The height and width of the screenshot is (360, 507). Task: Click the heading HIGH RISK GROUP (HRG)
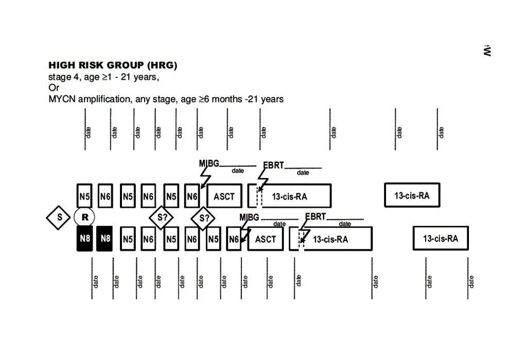[112, 65]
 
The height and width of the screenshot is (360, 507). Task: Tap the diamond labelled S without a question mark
[59, 217]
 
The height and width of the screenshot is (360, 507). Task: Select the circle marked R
[85, 218]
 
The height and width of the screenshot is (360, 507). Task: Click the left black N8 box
[85, 239]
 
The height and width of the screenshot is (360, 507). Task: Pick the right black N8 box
[104, 239]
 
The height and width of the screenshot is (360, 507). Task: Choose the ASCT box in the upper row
[224, 196]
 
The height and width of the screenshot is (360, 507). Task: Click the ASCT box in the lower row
[266, 239]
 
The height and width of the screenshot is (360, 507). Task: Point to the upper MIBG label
[209, 164]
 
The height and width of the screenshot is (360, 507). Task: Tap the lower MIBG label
[250, 218]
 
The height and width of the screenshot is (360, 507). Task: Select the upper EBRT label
[273, 166]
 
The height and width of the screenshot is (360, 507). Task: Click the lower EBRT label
[316, 217]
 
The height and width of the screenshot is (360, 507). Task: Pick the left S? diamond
[162, 218]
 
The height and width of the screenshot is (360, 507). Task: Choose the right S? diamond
[203, 218]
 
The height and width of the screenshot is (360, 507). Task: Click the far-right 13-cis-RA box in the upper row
[412, 195]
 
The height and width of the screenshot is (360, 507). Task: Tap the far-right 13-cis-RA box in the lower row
[441, 239]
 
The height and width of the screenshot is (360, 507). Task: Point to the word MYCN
[61, 99]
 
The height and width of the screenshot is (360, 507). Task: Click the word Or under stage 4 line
[54, 87]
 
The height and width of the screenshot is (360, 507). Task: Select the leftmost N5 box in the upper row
[84, 196]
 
